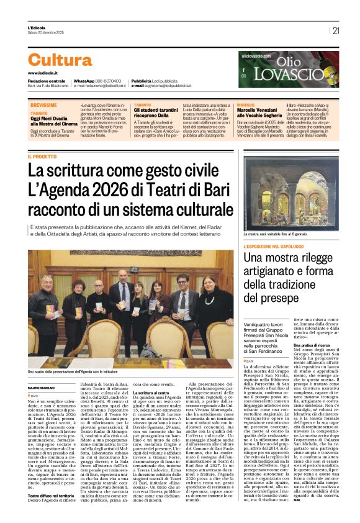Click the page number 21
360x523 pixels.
pos(336,30)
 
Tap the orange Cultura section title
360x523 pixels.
pos(68,60)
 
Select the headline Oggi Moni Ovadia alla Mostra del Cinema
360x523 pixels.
pos(55,124)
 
